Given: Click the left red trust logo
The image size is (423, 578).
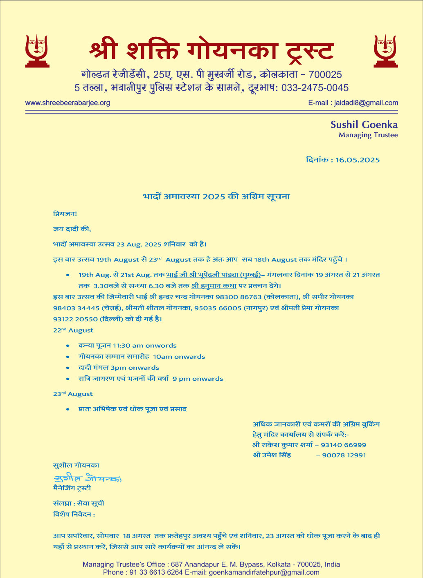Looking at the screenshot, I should tap(37, 51).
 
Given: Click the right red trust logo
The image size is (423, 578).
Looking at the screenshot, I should tap(385, 51).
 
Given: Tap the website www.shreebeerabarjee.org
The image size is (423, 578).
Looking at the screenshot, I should tap(67, 103).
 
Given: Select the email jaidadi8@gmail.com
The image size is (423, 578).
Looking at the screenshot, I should tap(366, 103).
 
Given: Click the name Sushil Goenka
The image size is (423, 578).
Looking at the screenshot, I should tap(364, 125).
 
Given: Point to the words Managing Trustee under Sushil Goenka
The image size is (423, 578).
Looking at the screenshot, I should tap(368, 135).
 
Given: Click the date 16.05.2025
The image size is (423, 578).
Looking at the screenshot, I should tap(357, 160).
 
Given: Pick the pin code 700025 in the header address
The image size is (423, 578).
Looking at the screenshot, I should tap(325, 75).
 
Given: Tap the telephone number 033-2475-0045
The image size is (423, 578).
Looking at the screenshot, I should tap(315, 88).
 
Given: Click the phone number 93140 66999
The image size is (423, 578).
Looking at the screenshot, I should tap(343, 445).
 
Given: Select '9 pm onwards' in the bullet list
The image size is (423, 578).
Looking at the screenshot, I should tap(198, 379).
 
